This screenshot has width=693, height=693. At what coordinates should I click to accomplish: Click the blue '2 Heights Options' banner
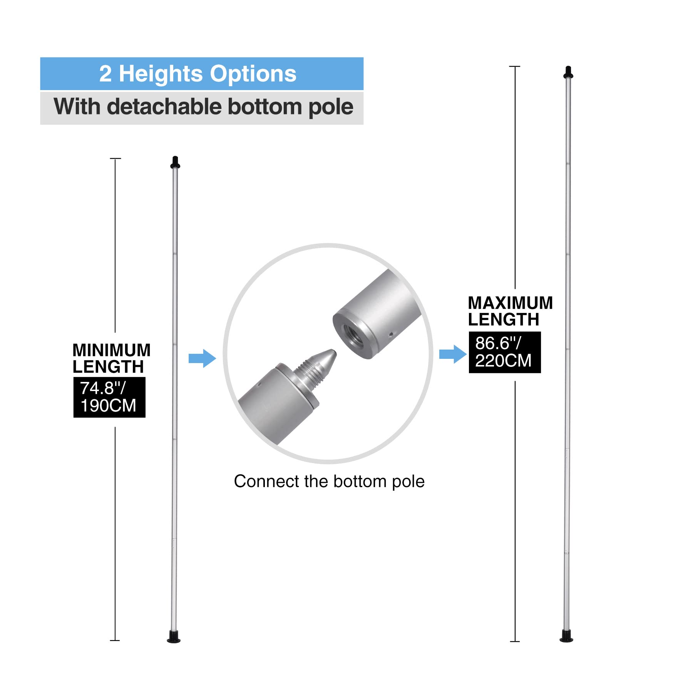click(x=202, y=74)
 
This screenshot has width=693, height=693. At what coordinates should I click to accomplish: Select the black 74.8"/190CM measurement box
click(x=109, y=397)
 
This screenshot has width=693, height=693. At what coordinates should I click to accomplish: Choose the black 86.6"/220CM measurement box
click(x=505, y=352)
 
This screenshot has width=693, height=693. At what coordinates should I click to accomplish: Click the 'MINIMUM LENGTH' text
click(x=111, y=358)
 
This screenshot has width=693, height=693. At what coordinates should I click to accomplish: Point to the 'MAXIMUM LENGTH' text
click(x=510, y=311)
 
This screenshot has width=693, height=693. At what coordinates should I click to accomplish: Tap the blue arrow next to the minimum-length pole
click(x=202, y=358)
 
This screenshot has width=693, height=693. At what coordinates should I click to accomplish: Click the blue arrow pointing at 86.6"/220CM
click(x=453, y=354)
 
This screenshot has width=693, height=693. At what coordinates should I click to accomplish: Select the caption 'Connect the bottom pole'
click(x=329, y=481)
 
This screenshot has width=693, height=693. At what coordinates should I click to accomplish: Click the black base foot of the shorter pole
click(x=174, y=637)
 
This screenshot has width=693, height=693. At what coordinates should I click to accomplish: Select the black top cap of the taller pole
click(x=568, y=72)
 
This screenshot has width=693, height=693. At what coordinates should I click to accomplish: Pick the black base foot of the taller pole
click(x=566, y=636)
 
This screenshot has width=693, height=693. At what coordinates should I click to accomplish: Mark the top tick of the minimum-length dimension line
click(x=115, y=158)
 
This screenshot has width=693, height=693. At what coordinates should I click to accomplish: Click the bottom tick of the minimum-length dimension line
click(x=115, y=640)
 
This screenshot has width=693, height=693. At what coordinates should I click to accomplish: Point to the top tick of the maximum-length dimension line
click(x=515, y=67)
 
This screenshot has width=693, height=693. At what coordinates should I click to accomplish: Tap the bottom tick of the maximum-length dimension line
click(x=515, y=641)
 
